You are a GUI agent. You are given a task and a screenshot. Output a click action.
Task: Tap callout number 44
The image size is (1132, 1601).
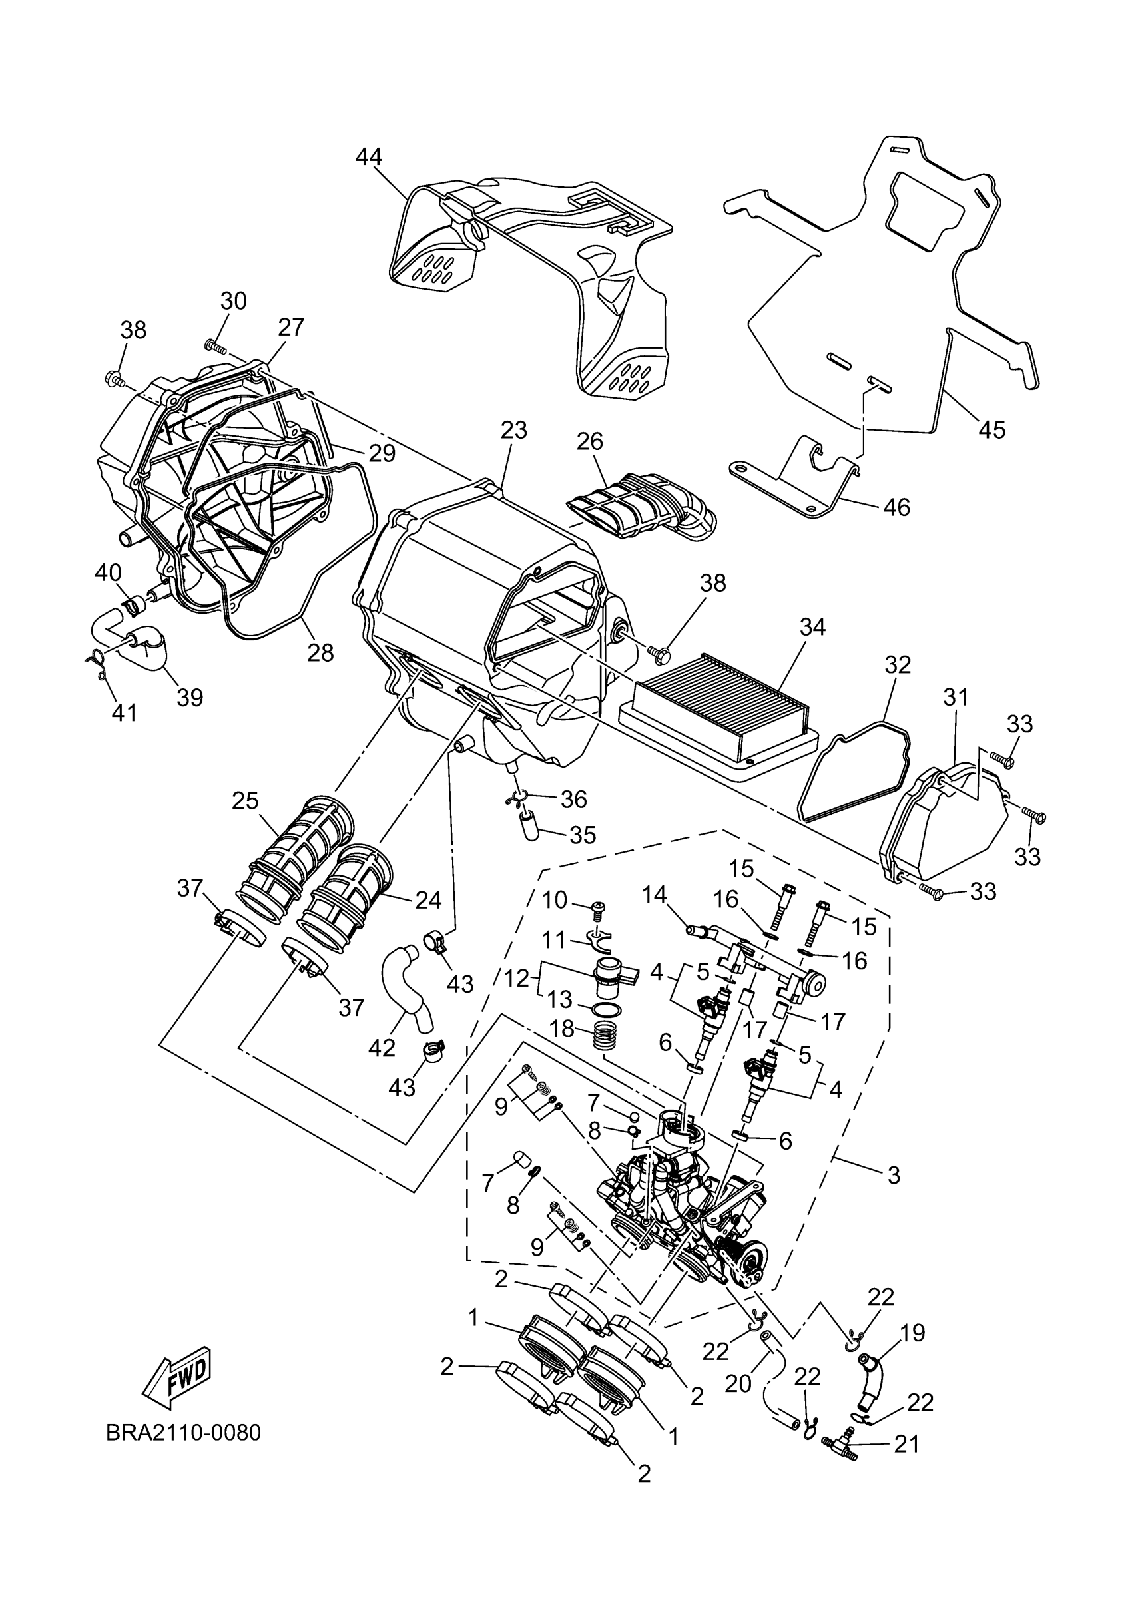point(369,158)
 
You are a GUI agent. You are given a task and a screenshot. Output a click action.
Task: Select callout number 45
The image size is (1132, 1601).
point(991,429)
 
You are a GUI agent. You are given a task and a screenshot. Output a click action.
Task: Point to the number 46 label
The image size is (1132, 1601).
point(896,507)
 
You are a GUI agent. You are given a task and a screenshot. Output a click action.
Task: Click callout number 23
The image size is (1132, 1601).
point(513,429)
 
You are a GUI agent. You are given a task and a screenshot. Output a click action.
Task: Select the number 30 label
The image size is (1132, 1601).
point(234,302)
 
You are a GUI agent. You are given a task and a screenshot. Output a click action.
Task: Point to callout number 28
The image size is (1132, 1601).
point(321,652)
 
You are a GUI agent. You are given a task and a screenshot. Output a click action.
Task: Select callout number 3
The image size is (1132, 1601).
point(894,1175)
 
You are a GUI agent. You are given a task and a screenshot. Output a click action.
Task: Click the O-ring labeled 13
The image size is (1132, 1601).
point(602,1009)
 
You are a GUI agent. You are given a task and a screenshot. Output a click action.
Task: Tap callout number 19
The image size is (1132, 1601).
point(913,1333)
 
